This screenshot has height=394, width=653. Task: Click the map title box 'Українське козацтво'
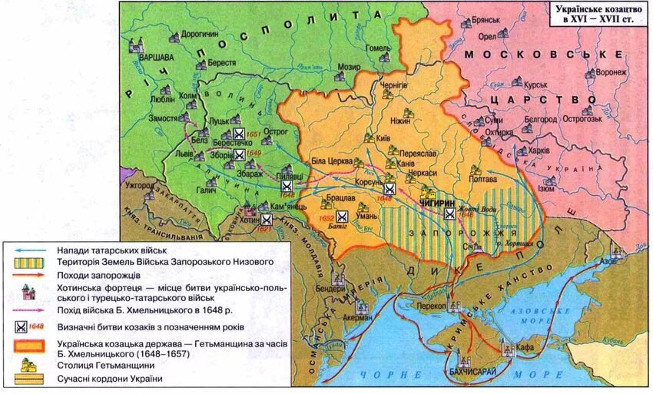590,15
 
